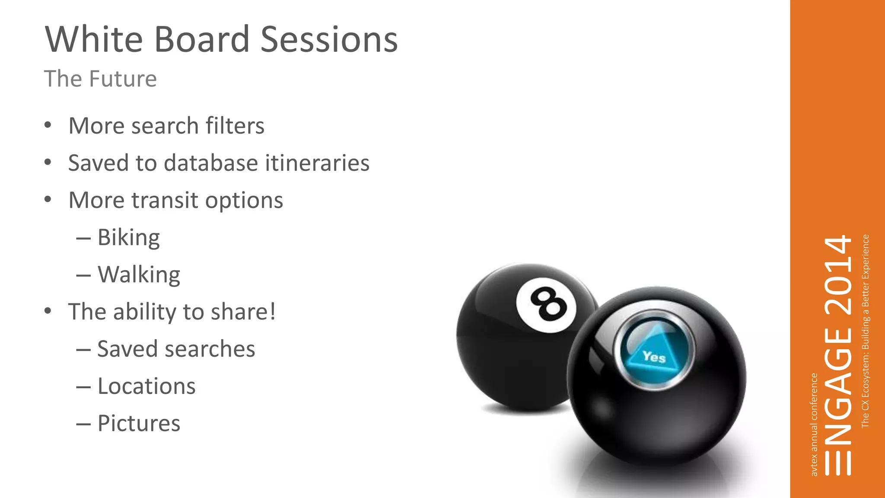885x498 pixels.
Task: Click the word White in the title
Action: pos(94,40)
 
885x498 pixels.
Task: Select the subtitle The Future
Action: pos(100,79)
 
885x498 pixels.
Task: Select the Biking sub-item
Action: pos(128,238)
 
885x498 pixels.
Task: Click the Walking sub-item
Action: pos(139,275)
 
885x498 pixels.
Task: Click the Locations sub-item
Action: pos(146,386)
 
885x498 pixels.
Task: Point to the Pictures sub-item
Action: pos(139,423)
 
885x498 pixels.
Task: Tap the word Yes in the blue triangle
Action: pos(654,357)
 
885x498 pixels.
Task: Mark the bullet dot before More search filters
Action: pos(48,126)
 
